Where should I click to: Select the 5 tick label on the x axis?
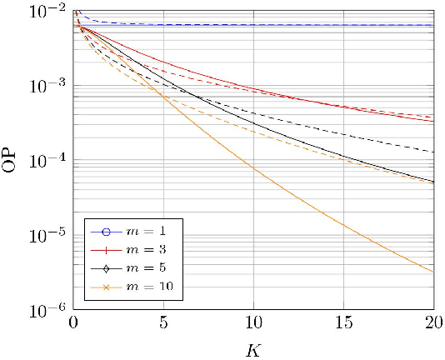pyautogui.click(x=164, y=322)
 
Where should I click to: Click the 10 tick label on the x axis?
pyautogui.click(x=254, y=322)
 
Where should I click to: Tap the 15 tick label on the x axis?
pyautogui.click(x=344, y=322)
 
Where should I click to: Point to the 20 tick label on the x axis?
pyautogui.click(x=433, y=322)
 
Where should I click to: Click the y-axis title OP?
pyautogui.click(x=12, y=160)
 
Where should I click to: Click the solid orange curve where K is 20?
pyautogui.click(x=433, y=272)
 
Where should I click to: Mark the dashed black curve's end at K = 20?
pyautogui.click(x=433, y=152)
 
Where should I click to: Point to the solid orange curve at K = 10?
pyautogui.click(x=254, y=167)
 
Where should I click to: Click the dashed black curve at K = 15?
pyautogui.click(x=344, y=134)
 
